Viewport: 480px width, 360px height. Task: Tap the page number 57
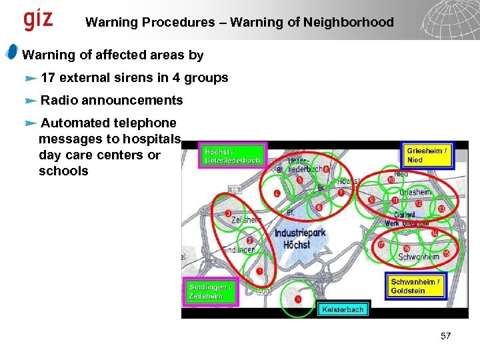tap(446, 336)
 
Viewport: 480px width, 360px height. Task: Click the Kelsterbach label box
tap(343, 309)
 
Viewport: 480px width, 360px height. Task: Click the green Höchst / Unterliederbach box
tap(232, 155)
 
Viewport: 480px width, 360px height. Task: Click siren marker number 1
tap(259, 272)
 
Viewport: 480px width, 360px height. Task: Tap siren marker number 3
tap(229, 214)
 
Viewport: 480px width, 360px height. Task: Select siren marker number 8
tap(325, 169)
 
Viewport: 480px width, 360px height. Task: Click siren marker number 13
tap(442, 209)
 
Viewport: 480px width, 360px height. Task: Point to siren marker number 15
tap(445, 254)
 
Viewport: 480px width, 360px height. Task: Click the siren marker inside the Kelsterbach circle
tap(298, 299)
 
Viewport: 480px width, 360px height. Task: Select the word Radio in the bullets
tap(57, 101)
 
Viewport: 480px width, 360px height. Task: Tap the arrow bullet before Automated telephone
tap(29, 123)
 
